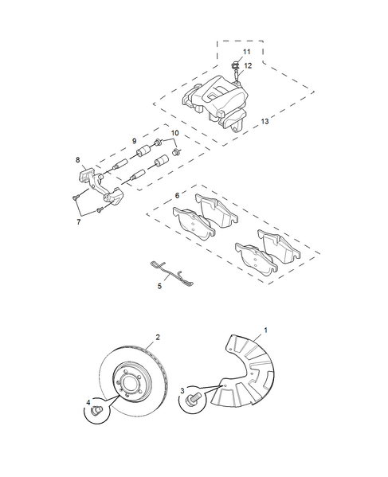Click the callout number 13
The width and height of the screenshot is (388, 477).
click(265, 121)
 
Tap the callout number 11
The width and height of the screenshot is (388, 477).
click(246, 52)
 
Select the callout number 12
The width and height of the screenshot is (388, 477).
click(248, 66)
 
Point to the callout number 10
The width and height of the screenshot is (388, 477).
click(175, 133)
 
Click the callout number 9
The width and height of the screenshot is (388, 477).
click(134, 141)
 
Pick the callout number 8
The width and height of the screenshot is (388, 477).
click(77, 160)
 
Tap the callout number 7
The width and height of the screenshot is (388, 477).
click(79, 222)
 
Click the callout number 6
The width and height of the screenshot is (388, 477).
click(177, 196)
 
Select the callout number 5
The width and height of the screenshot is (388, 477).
click(159, 286)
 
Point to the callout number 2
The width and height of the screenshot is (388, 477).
click(158, 337)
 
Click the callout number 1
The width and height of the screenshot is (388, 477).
click(265, 330)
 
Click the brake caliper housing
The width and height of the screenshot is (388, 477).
click(215, 100)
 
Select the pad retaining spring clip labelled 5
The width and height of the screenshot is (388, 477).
click(171, 273)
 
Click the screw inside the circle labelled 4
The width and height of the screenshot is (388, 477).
click(96, 411)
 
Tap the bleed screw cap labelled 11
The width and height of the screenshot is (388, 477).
click(234, 65)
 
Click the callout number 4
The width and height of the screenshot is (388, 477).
click(88, 402)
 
